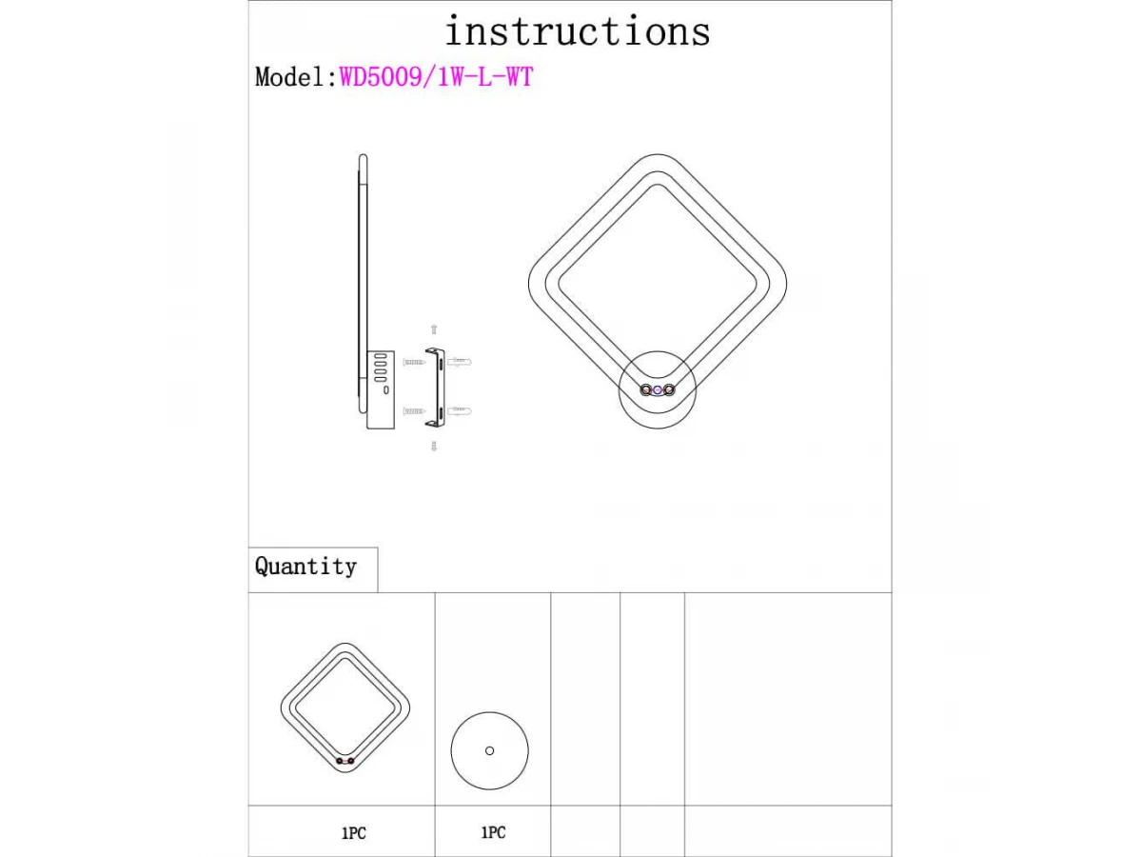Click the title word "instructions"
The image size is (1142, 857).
[578, 30]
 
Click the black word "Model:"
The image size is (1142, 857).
[296, 77]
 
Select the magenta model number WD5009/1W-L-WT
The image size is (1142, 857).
[436, 77]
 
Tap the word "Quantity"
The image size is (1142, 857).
[305, 567]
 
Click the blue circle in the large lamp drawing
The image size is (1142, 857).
[658, 389]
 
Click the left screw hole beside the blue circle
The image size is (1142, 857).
[645, 389]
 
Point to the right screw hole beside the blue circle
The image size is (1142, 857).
[670, 389]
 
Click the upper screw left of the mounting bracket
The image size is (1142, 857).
[414, 362]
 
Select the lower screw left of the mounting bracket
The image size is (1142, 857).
[414, 411]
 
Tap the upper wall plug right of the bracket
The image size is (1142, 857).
[460, 361]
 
